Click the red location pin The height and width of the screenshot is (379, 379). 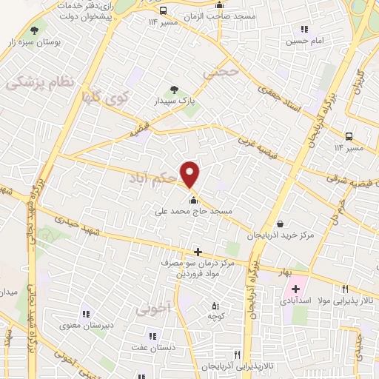[x=191, y=174]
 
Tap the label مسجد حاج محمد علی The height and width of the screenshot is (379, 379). [x=194, y=211]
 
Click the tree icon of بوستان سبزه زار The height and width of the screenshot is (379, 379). [x=34, y=30]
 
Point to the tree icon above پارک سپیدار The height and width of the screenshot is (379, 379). [x=175, y=90]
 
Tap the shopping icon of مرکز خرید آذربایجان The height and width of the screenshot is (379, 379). [x=280, y=224]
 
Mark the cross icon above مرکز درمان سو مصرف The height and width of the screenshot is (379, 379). [x=197, y=252]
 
